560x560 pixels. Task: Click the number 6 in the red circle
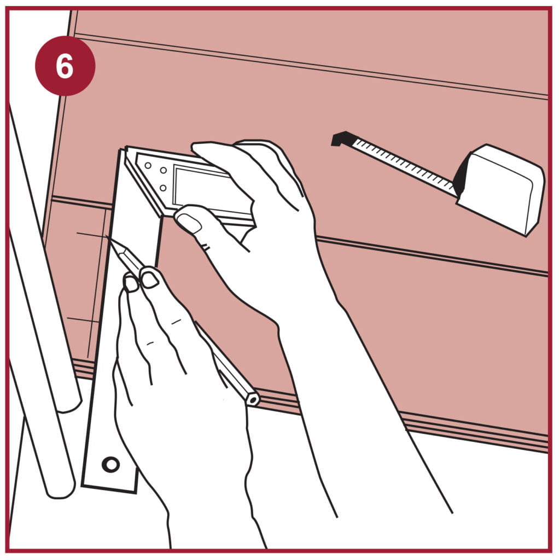point(65,66)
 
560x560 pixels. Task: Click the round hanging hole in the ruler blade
point(110,465)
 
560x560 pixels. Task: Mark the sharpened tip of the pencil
point(107,236)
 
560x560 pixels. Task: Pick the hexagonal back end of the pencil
point(252,399)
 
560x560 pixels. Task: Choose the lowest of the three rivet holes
point(163,188)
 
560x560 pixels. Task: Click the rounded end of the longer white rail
point(60,489)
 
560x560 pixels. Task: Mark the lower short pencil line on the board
point(83,320)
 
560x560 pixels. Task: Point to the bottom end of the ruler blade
point(109,489)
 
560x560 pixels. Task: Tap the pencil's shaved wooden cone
point(115,246)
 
